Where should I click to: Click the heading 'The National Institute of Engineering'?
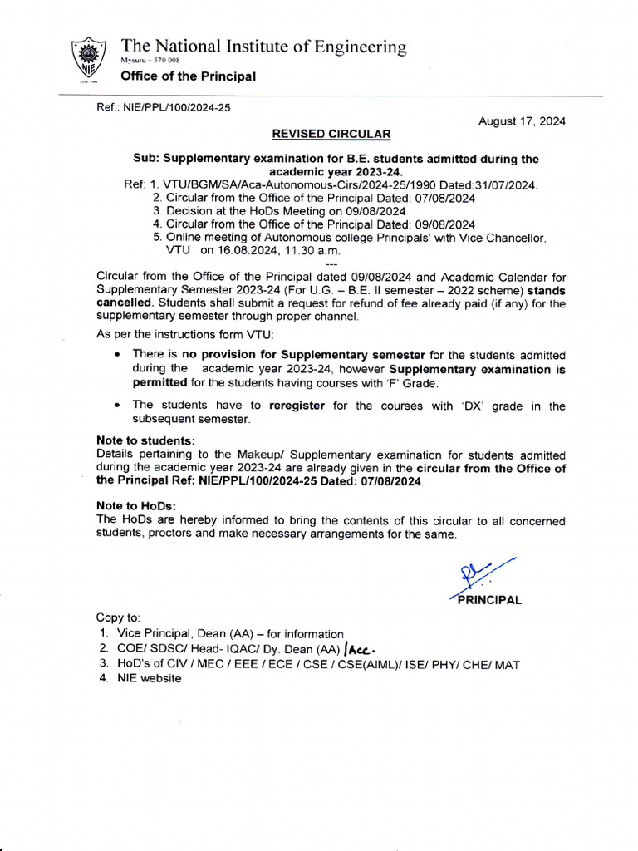263,47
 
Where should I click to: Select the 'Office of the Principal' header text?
188,76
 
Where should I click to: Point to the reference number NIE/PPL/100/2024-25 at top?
164,107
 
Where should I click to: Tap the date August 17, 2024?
522,121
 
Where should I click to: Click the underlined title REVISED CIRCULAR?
331,134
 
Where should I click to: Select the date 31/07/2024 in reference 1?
504,185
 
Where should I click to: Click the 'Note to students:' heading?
145,441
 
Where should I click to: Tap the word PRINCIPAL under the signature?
489,600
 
